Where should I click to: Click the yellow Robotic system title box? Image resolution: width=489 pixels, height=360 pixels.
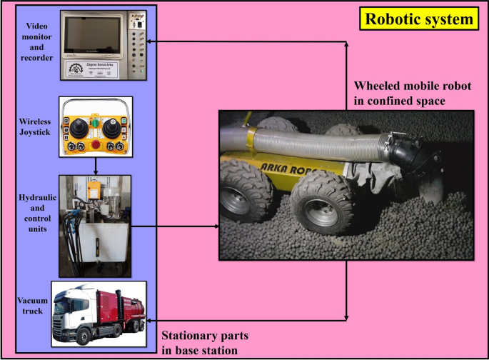[x=418, y=19]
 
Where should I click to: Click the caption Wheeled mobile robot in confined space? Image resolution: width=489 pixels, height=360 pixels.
[x=404, y=94]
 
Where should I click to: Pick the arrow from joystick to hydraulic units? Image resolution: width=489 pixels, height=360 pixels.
[x=95, y=166]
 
